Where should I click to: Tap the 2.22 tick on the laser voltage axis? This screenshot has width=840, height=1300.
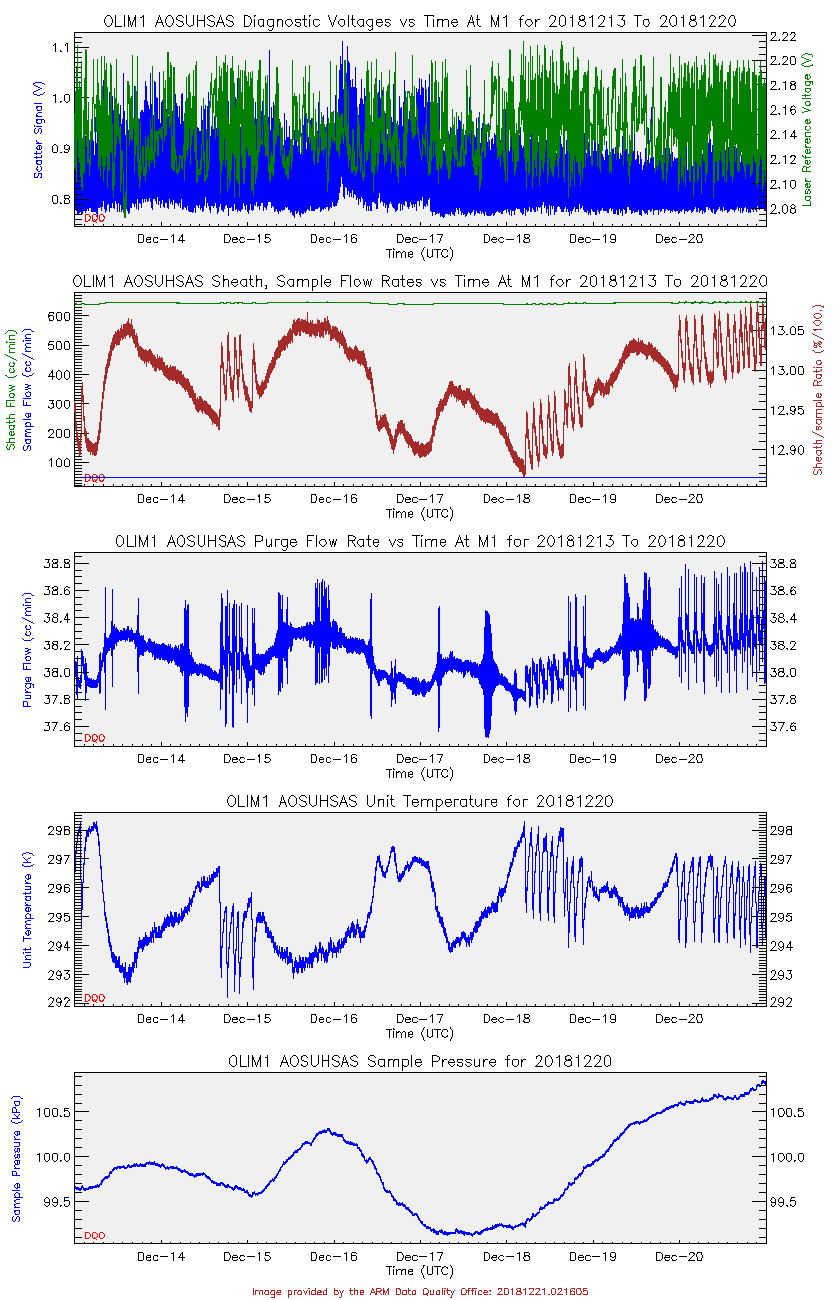[783, 36]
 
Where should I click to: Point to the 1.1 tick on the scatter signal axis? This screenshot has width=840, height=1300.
[60, 48]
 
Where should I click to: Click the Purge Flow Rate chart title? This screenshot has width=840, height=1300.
[420, 541]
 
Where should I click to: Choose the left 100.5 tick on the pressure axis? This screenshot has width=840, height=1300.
[55, 1112]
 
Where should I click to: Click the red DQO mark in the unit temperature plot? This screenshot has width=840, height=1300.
[94, 997]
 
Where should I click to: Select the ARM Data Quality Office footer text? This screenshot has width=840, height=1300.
[420, 1291]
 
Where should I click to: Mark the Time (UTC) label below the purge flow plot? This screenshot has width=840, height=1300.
[420, 773]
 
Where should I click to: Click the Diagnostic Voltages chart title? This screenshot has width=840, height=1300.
[420, 21]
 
